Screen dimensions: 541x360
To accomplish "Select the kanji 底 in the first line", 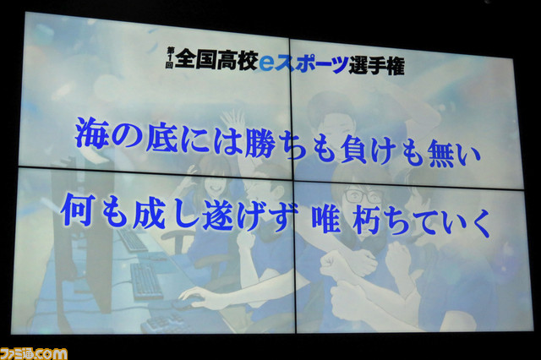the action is (162, 136).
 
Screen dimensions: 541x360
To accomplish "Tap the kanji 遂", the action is (218, 215).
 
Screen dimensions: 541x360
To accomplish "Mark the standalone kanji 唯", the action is (326, 220).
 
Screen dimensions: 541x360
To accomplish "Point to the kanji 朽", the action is (367, 221).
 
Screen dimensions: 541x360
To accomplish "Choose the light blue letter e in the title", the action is (266, 62).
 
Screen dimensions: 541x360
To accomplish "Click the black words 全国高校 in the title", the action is (216, 60).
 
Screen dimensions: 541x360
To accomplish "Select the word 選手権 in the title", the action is (376, 65).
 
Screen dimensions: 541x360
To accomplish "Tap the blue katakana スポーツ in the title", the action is (311, 63).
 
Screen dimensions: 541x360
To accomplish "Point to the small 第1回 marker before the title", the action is (170, 57).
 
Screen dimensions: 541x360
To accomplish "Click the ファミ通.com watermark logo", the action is (34, 354).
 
